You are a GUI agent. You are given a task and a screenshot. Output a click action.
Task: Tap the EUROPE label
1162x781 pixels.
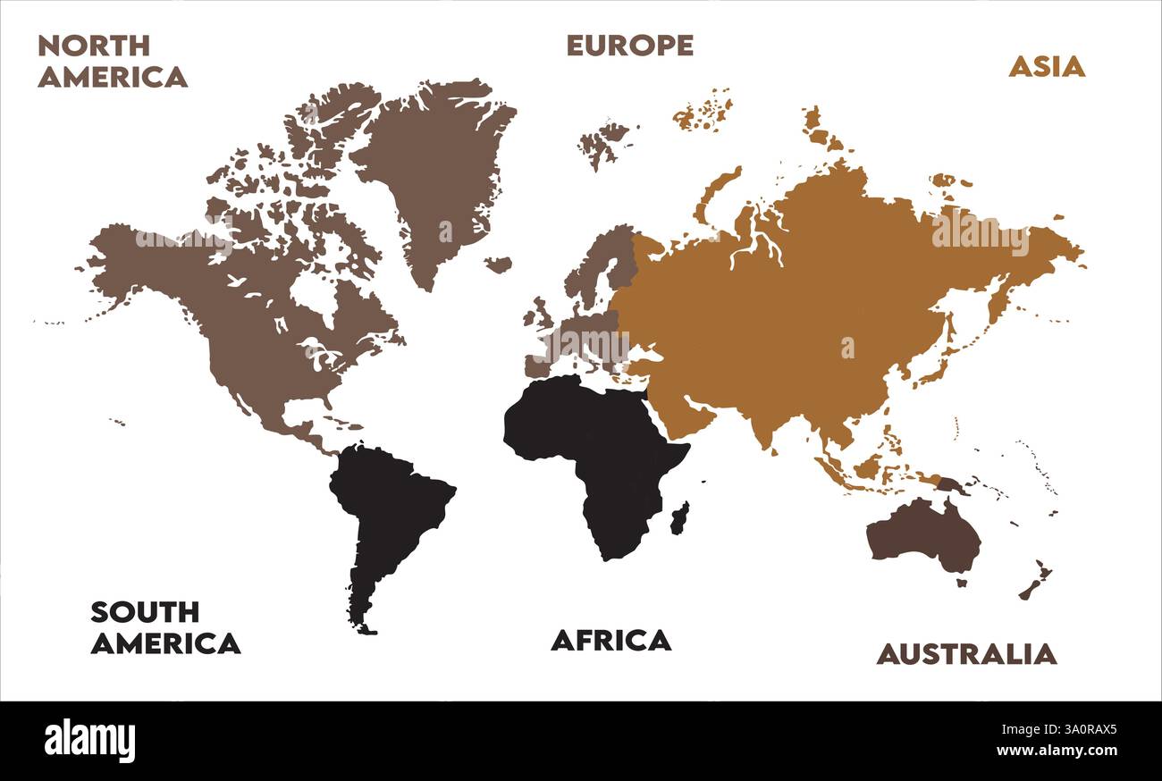pyautogui.click(x=629, y=46)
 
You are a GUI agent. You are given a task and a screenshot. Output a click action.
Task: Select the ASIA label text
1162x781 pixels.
pyautogui.click(x=1046, y=66)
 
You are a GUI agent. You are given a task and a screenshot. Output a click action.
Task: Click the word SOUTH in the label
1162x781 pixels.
pyautogui.click(x=144, y=612)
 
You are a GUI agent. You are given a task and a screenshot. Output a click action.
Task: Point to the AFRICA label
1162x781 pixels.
pyautogui.click(x=610, y=640)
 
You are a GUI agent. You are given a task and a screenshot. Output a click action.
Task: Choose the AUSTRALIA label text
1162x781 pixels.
pyautogui.click(x=965, y=654)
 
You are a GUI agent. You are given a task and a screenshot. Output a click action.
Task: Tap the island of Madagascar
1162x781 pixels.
pyautogui.click(x=679, y=517)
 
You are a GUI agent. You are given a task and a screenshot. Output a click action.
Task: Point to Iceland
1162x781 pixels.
pyautogui.click(x=498, y=265)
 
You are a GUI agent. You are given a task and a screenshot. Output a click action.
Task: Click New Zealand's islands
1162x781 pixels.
pyautogui.click(x=1035, y=582)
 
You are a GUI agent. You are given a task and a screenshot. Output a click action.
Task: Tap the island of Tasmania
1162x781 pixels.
pyautogui.click(x=961, y=584)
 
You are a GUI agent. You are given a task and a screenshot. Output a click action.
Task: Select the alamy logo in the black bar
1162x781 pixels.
pyautogui.click(x=89, y=741)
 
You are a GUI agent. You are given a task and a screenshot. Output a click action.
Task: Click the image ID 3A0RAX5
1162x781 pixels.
pyautogui.click(x=1068, y=729)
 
